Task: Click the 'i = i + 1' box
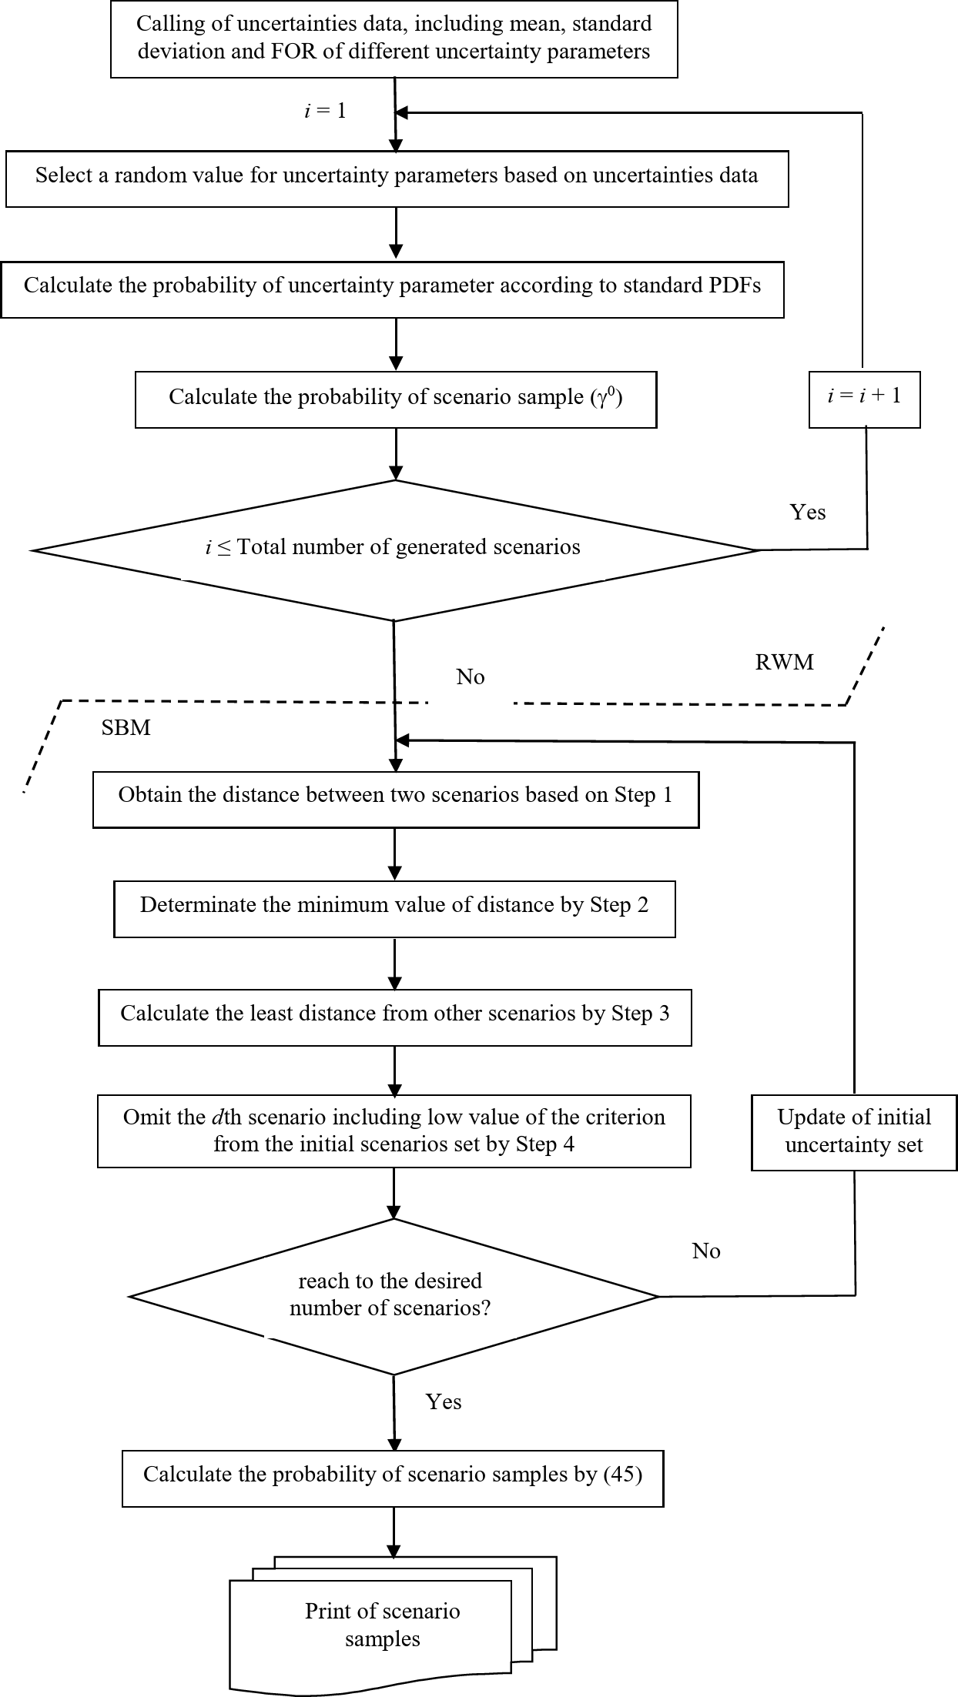point(864,398)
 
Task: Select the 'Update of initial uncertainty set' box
point(853,1131)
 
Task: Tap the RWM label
point(784,663)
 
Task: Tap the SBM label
point(126,728)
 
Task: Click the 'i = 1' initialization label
point(325,111)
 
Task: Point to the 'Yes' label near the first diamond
point(807,513)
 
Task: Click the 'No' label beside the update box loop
point(705,1251)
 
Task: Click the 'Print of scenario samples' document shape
point(383,1625)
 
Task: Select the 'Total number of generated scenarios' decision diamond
point(394,549)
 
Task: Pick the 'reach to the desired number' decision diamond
point(393,1296)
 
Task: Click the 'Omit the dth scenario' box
point(394,1131)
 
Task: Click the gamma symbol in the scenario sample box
point(602,399)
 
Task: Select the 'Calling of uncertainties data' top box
point(394,38)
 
